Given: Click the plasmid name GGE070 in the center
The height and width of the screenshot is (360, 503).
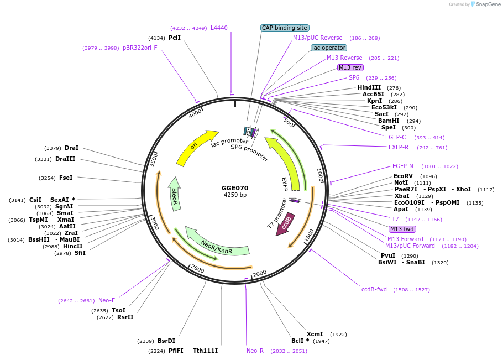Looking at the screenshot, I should [235, 188].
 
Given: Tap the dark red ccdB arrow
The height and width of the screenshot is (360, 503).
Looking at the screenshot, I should [285, 225].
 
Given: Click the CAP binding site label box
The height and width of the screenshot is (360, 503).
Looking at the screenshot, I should [285, 28].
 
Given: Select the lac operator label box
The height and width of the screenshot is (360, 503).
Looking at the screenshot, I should [328, 48].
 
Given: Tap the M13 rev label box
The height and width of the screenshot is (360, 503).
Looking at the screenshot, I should [350, 67].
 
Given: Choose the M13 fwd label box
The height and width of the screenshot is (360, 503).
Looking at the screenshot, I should [402, 229].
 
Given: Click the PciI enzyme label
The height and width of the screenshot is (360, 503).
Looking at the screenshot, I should [175, 38].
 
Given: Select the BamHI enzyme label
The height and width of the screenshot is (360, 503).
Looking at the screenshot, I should [389, 121].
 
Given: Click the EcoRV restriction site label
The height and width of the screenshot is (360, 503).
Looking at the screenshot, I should [404, 176].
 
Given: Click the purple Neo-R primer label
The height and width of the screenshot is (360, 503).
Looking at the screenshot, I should [255, 351].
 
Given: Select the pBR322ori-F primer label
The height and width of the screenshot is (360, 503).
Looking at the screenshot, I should [140, 48].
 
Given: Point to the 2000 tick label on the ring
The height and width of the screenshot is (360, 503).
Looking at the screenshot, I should [259, 273].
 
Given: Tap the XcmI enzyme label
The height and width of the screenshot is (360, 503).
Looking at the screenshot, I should [315, 335].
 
